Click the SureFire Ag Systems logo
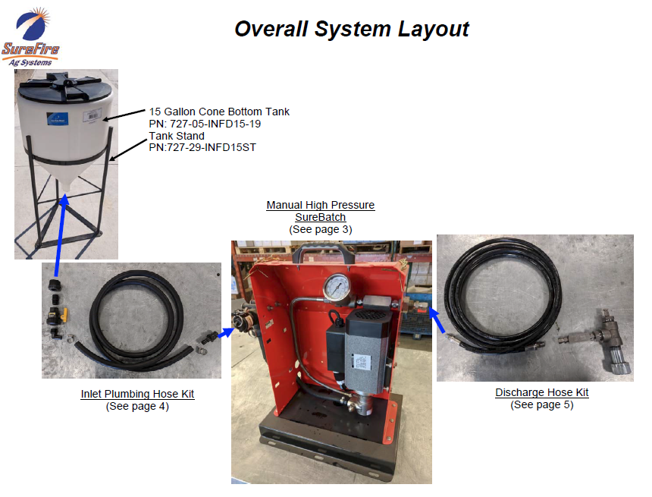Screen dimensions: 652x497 pos(31,37)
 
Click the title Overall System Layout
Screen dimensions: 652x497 pos(352,29)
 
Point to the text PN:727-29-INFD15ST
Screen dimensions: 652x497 pos(202,147)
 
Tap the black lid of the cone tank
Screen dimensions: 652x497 pos(65,87)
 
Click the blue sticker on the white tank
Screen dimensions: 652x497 pos(57,118)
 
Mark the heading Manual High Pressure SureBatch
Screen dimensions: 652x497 pos(321,211)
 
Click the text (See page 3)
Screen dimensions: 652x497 pos(321,229)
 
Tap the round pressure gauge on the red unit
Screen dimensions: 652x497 pos(337,288)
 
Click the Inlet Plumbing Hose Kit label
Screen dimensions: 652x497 pos(138,394)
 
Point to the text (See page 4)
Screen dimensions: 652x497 pos(138,406)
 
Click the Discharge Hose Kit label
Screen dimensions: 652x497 pos(542,392)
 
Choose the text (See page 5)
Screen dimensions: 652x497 pos(542,404)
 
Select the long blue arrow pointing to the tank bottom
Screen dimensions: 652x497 pos(61,235)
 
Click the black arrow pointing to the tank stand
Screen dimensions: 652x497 pos(128,150)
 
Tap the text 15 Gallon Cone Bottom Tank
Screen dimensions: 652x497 pos(219,112)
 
